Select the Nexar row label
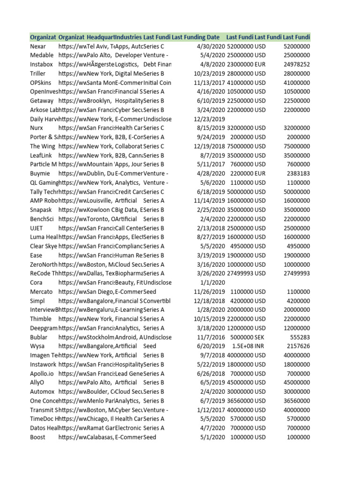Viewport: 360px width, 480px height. [38, 46]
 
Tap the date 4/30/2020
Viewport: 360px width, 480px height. [210, 46]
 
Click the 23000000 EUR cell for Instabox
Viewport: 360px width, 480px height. [246, 64]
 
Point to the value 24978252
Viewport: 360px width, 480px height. [297, 64]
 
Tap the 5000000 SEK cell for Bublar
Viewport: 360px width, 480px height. [246, 337]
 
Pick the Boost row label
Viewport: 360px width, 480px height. [37, 437]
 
